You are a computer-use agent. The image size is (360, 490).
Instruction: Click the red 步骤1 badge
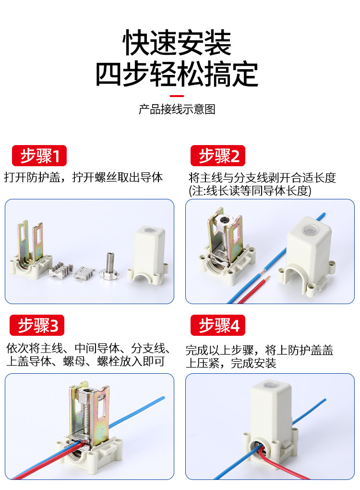point(39,155)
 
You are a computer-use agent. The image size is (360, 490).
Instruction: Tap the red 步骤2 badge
point(218,155)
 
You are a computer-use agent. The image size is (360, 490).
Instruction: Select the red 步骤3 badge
point(37,325)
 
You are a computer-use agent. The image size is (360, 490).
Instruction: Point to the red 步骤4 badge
point(218,325)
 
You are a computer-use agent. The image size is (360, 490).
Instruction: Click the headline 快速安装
point(177,43)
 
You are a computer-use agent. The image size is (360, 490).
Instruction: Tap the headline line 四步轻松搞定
point(177,74)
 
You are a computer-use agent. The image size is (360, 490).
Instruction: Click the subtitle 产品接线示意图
point(177,109)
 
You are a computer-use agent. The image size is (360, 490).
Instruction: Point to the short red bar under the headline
point(177,96)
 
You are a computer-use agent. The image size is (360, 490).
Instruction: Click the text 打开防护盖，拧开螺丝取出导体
point(84,177)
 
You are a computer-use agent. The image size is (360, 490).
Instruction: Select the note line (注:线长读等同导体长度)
point(250,191)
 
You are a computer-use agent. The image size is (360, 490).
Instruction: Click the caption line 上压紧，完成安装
point(231,363)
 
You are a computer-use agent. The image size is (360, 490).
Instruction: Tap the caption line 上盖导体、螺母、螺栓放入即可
point(85,361)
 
